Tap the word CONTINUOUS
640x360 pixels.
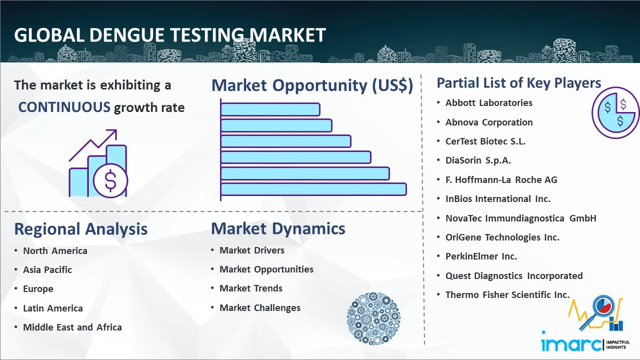coord(64,107)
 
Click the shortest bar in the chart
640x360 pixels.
coord(270,109)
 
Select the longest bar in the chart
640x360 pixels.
coord(313,189)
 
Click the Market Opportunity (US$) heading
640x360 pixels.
coord(312,85)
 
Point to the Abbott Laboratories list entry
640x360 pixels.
coord(489,103)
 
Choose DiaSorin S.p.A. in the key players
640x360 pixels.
coord(478,160)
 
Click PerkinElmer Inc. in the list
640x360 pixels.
coord(481,256)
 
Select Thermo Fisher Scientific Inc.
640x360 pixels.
coord(507,294)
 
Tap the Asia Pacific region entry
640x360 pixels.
coord(47,269)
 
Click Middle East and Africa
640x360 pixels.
coord(72,327)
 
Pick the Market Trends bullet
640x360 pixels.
coord(251,288)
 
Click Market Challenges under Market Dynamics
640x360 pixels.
coord(259,307)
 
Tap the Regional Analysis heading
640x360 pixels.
coord(81,229)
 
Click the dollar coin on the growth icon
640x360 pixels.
coord(110,180)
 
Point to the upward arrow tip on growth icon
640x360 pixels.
coord(115,131)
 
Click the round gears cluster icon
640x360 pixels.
coord(373,318)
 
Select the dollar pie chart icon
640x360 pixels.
coord(615,113)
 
